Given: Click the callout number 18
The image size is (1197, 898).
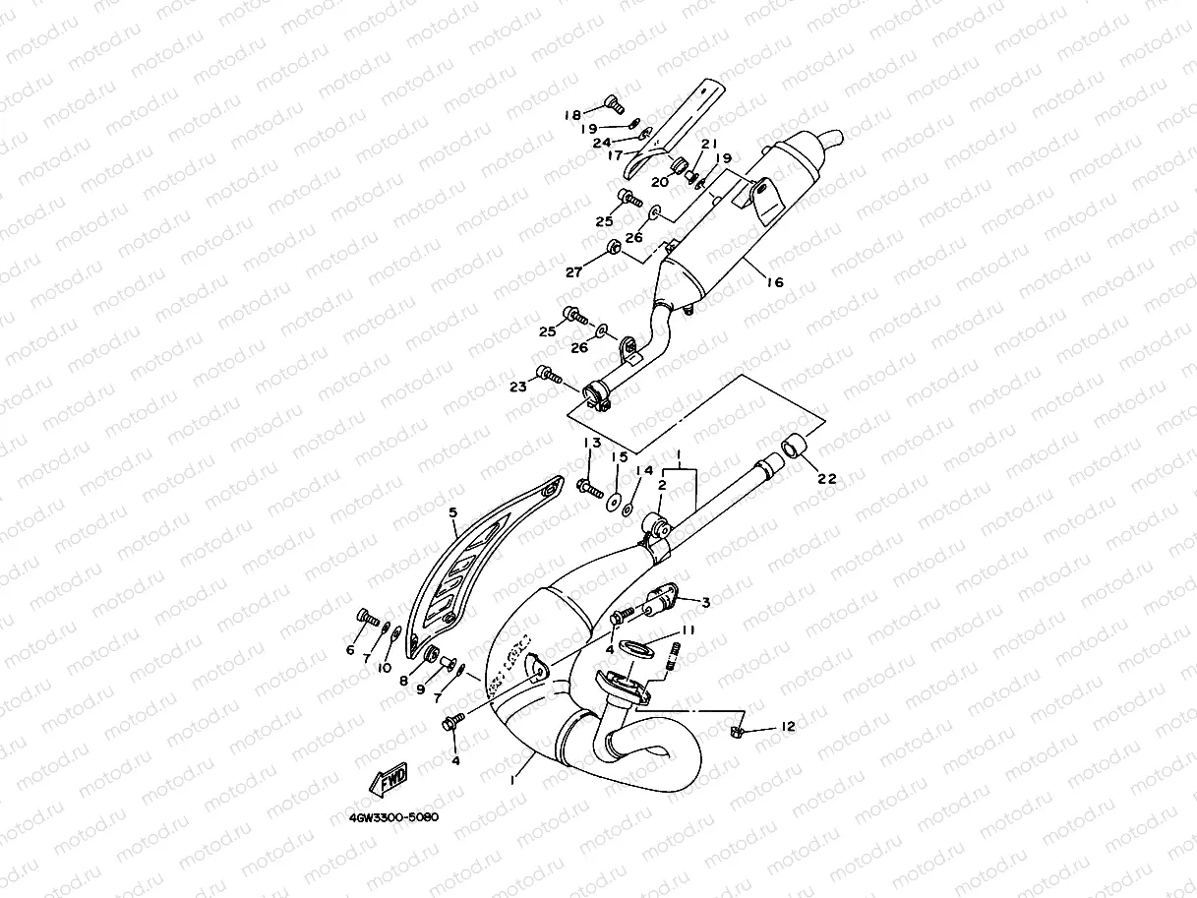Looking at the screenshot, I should coord(572,115).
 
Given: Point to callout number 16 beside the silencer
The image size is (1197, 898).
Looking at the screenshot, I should coord(775,282).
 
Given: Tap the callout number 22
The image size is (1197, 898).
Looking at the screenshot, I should coord(827,479).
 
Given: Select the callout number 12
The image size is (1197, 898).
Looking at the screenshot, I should coord(788,726).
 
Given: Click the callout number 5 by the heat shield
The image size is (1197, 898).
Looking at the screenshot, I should coord(453,512).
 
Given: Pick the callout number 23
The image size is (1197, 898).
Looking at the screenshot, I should coord(517,387).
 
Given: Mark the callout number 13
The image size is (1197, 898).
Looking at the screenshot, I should coord(590,444).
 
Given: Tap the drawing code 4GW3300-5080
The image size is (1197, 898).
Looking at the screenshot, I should coord(392,817).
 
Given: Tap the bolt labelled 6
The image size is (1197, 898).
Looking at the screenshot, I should coord(367,618).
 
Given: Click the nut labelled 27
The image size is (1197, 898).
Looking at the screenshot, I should coord(612,246).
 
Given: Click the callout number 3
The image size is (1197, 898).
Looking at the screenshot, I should coord(705,601).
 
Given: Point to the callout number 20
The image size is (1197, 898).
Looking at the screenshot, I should coord(660,181).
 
